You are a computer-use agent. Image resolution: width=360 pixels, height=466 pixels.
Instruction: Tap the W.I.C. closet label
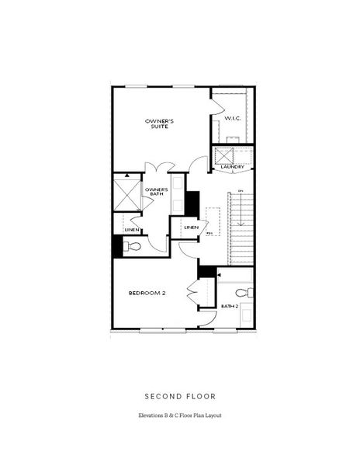(233, 118)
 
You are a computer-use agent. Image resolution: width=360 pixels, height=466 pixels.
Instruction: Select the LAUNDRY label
(233, 167)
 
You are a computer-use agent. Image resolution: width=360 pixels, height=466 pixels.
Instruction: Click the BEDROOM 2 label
(147, 293)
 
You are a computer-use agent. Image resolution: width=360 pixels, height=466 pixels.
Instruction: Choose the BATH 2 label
(229, 306)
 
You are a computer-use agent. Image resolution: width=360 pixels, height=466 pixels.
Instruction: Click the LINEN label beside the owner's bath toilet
(131, 230)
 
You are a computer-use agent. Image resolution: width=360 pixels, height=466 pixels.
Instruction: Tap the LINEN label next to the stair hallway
(190, 227)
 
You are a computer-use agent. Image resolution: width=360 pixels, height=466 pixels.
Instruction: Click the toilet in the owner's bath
(133, 246)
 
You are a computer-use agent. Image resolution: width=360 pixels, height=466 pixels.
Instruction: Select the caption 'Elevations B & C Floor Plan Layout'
(180, 416)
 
